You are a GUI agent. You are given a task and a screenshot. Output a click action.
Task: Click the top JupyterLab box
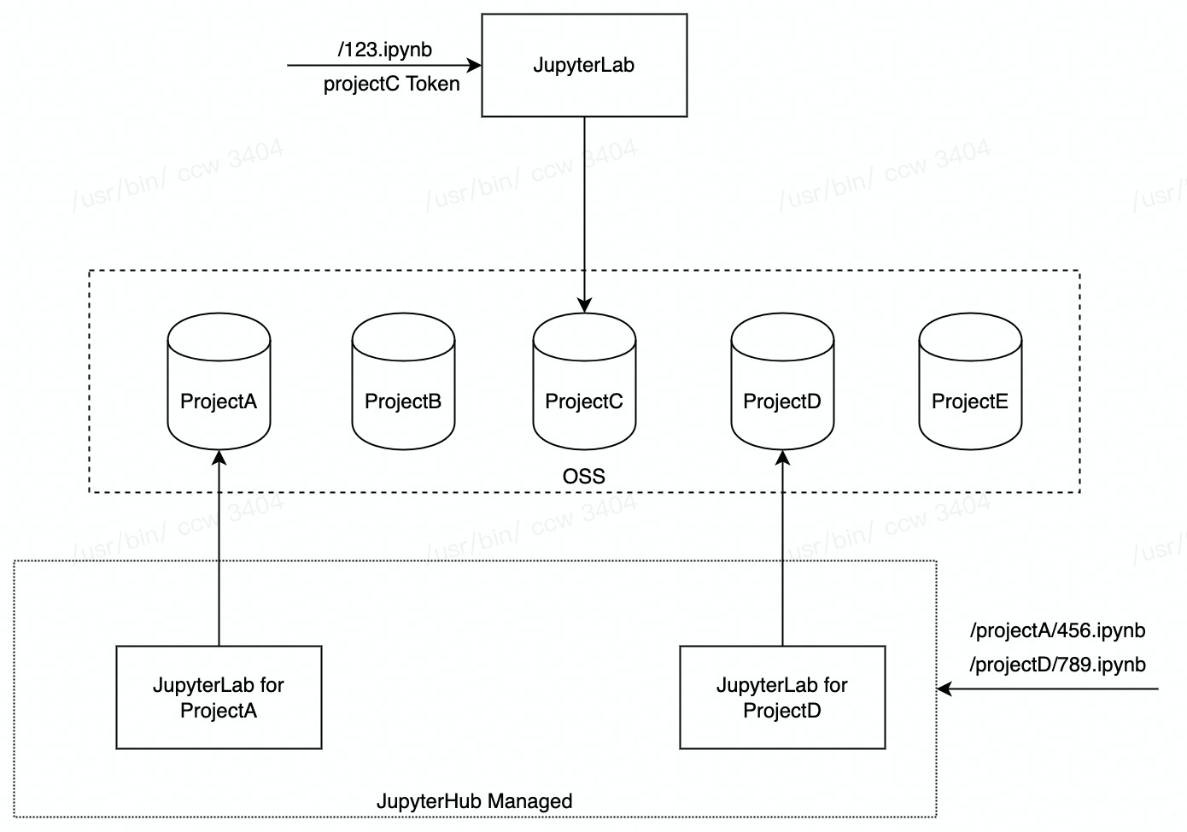(x=584, y=65)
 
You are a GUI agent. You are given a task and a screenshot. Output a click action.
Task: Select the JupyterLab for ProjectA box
(x=219, y=697)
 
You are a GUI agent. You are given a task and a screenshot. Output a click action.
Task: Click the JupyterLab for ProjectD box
(x=782, y=697)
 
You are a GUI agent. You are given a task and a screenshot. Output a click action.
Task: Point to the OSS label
(x=584, y=477)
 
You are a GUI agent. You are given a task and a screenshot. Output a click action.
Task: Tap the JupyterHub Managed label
(x=475, y=801)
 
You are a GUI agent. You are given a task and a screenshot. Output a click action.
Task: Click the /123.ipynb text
(x=385, y=50)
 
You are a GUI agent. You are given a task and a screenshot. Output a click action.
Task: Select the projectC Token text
(x=391, y=84)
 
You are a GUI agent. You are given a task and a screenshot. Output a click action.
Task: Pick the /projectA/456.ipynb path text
(x=1057, y=630)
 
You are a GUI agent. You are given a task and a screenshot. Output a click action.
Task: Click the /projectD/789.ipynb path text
(x=1057, y=665)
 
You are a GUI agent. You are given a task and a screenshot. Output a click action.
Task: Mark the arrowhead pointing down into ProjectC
(x=584, y=305)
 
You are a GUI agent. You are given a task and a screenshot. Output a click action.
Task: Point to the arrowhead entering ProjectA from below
(x=219, y=457)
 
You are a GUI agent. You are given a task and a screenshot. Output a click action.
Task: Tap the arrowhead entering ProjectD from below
(x=782, y=457)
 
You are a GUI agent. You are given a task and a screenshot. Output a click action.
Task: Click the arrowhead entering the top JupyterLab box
(x=475, y=65)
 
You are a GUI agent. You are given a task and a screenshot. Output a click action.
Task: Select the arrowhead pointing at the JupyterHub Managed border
(x=944, y=688)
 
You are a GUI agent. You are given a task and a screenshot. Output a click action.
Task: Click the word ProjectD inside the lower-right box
(x=782, y=711)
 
